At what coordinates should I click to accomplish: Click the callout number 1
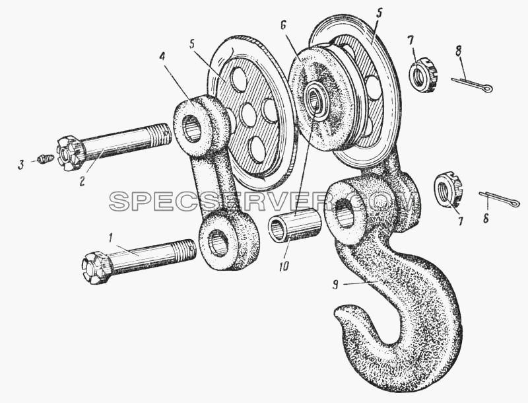click(x=110, y=239)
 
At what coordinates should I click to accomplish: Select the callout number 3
click(x=21, y=165)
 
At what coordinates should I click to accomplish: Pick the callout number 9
click(x=335, y=285)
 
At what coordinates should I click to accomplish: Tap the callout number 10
click(x=284, y=266)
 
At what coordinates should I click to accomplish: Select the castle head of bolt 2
click(x=70, y=154)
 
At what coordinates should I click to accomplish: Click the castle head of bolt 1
click(x=96, y=268)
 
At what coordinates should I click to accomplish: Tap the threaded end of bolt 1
click(x=185, y=250)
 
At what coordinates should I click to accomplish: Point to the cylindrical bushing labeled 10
click(x=294, y=225)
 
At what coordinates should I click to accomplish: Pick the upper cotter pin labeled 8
click(x=472, y=85)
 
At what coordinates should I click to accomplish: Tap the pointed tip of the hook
click(x=339, y=309)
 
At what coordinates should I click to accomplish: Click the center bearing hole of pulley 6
click(x=315, y=98)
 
